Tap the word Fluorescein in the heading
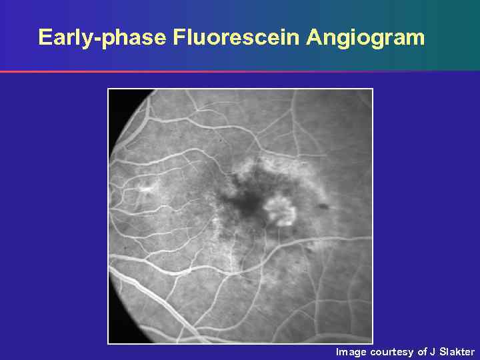click(237, 37)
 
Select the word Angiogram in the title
click(365, 37)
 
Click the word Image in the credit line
click(351, 351)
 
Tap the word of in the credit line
click(422, 351)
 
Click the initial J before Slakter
click(433, 351)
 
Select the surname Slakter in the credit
click(457, 351)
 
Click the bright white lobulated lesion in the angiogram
click(281, 209)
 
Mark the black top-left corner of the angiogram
click(117, 99)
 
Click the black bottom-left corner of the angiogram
click(116, 334)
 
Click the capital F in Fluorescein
click(178, 37)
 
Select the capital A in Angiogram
click(313, 37)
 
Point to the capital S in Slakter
click(442, 351)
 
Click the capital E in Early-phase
click(45, 37)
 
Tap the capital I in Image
click(337, 351)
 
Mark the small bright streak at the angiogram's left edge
click(144, 189)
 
